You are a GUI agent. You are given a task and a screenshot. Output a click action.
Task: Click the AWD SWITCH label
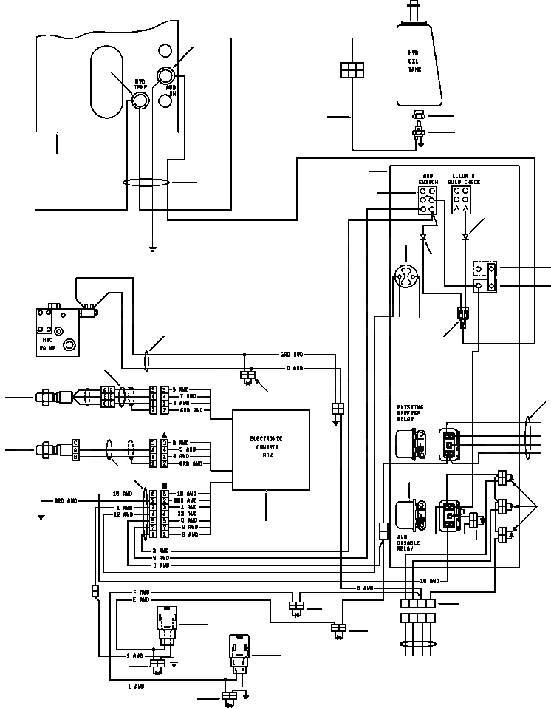(x=428, y=180)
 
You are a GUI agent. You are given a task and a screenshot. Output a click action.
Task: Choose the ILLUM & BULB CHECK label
(x=466, y=180)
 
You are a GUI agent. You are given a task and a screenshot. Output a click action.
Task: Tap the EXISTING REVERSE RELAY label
(x=410, y=413)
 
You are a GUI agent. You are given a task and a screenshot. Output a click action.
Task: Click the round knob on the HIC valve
(x=70, y=344)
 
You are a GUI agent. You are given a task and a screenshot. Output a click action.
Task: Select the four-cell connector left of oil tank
(x=352, y=69)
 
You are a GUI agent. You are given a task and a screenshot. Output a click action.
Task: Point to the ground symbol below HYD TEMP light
(x=152, y=249)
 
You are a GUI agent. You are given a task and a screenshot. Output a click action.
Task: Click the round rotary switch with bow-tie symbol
(x=405, y=278)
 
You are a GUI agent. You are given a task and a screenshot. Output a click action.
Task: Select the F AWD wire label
(x=140, y=593)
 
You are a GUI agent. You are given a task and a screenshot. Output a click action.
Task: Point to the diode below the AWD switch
(x=423, y=238)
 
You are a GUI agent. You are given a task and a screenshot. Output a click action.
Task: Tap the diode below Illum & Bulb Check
(x=465, y=237)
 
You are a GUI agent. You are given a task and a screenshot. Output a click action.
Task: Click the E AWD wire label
(x=140, y=600)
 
